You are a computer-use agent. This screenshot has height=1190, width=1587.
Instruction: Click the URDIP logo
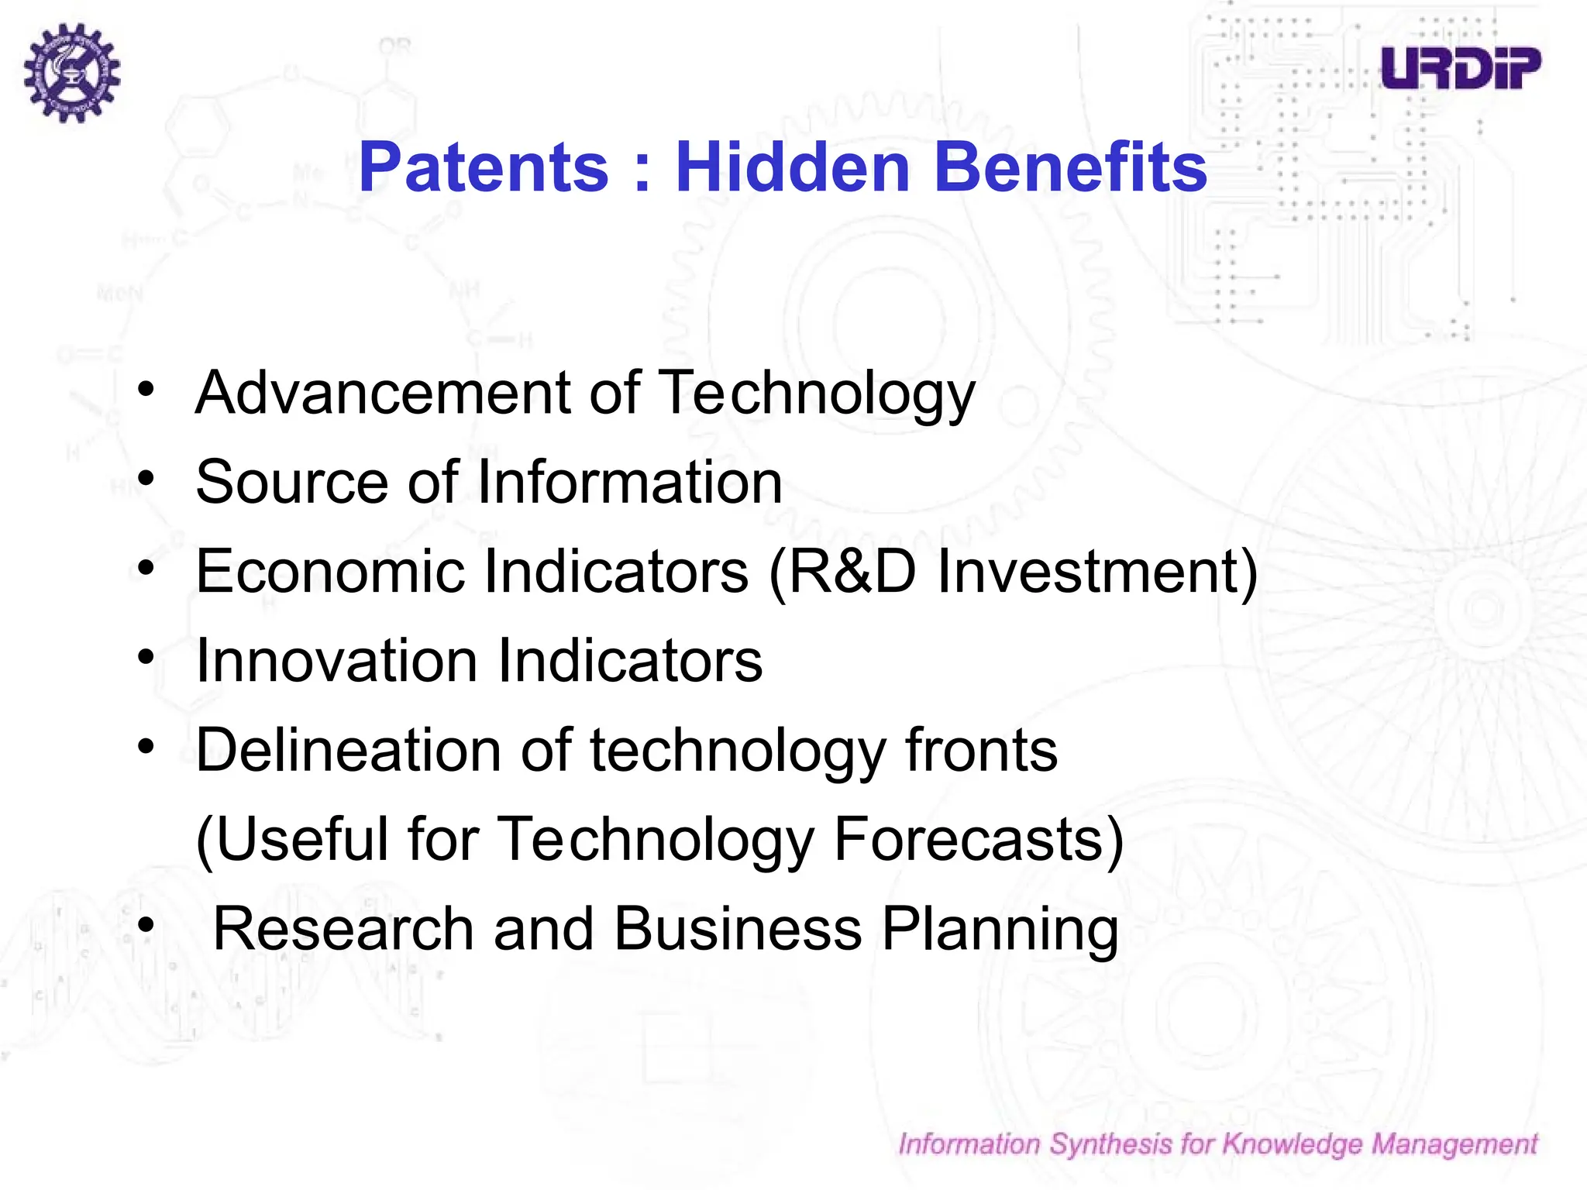1461,68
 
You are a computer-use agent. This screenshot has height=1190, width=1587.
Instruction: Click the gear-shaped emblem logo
72,72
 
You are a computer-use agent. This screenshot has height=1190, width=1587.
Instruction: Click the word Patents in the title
484,167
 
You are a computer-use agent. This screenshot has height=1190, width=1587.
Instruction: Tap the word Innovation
336,661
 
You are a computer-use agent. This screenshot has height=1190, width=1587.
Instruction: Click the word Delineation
349,750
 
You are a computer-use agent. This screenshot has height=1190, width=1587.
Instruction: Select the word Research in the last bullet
343,929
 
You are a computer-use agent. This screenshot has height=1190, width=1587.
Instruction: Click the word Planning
1000,929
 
